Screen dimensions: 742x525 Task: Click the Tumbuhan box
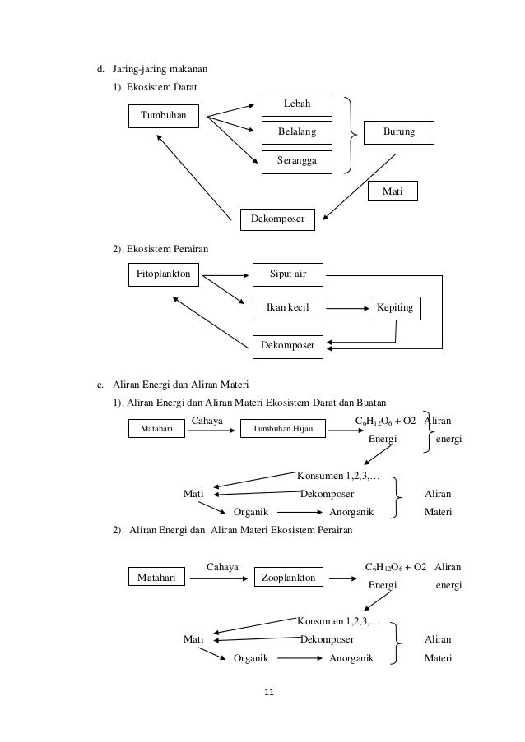coord(164,117)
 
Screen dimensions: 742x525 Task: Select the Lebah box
coord(296,104)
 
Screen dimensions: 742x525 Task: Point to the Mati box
coord(393,191)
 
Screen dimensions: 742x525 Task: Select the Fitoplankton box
coord(164,274)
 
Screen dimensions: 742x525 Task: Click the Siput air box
coord(288,274)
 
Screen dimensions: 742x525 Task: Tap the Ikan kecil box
coord(288,308)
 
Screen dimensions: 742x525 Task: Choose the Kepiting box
coord(395,308)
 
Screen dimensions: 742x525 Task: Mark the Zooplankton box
coord(288,578)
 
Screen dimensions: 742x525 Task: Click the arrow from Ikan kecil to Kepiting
coord(344,308)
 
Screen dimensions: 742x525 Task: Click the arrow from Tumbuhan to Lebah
coord(232,110)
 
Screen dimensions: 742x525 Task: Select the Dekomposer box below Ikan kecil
coord(288,346)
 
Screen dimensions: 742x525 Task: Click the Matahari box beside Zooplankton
coord(158,578)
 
